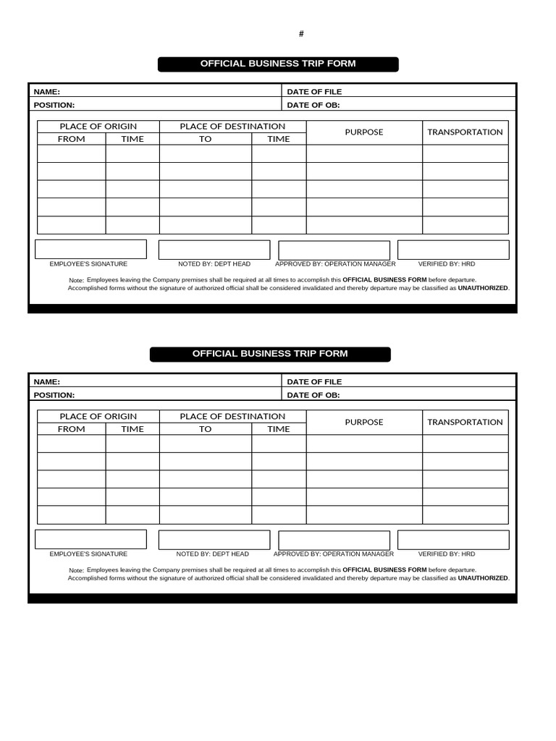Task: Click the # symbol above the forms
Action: pyautogui.click(x=301, y=34)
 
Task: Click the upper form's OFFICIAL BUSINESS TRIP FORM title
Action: pyautogui.click(x=278, y=64)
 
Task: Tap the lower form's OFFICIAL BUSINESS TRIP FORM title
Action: pyautogui.click(x=270, y=354)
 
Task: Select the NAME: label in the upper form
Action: pyautogui.click(x=47, y=92)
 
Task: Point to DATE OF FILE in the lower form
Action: pyautogui.click(x=314, y=382)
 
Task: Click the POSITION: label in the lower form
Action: pyautogui.click(x=54, y=395)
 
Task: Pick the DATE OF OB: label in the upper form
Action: pyautogui.click(x=313, y=105)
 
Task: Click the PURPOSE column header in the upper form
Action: pyautogui.click(x=364, y=132)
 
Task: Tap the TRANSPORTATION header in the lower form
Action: pyautogui.click(x=465, y=423)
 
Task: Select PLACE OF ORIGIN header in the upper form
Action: pyautogui.click(x=98, y=127)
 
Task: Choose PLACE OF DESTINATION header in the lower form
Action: pyautogui.click(x=232, y=417)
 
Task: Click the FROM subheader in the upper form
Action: pyautogui.click(x=71, y=139)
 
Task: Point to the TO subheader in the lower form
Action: pyautogui.click(x=206, y=429)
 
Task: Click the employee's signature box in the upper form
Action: pyautogui.click(x=90, y=250)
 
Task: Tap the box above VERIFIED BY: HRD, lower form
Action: pyautogui.click(x=453, y=540)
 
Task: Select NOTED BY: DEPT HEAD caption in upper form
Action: pyautogui.click(x=214, y=264)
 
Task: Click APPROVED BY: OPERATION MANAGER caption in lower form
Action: pyautogui.click(x=334, y=554)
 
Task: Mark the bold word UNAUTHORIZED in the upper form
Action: pyautogui.click(x=483, y=288)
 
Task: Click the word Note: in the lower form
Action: pyautogui.click(x=76, y=570)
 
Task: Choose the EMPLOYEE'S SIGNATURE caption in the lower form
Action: pyautogui.click(x=88, y=554)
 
